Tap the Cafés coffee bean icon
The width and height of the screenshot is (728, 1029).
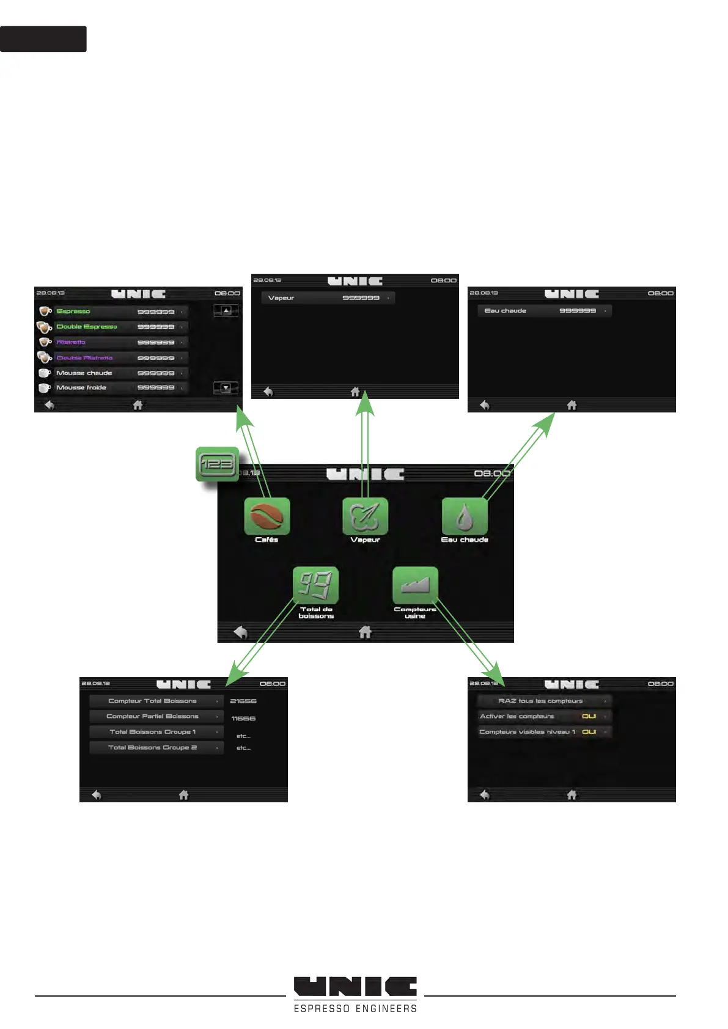267,516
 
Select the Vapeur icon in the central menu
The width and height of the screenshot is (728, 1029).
365,516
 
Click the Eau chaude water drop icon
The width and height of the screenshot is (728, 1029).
465,516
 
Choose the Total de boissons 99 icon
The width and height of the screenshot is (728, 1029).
315,585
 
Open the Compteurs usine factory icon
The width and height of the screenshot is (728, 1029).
415,585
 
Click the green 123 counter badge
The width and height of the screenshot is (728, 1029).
217,464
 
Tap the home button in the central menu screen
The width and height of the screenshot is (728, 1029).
365,632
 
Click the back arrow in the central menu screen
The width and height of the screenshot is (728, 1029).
241,632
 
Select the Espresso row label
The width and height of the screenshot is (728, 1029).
73,311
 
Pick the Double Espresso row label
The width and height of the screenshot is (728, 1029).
87,326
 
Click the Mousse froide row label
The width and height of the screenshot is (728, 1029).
81,387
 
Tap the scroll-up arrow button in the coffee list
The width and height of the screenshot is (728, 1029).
226,310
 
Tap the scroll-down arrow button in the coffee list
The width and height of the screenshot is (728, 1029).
226,387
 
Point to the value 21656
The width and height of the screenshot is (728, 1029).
243,701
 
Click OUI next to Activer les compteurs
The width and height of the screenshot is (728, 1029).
589,716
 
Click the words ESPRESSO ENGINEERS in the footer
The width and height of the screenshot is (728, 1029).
355,1008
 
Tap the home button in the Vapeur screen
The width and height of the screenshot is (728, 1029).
355,392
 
